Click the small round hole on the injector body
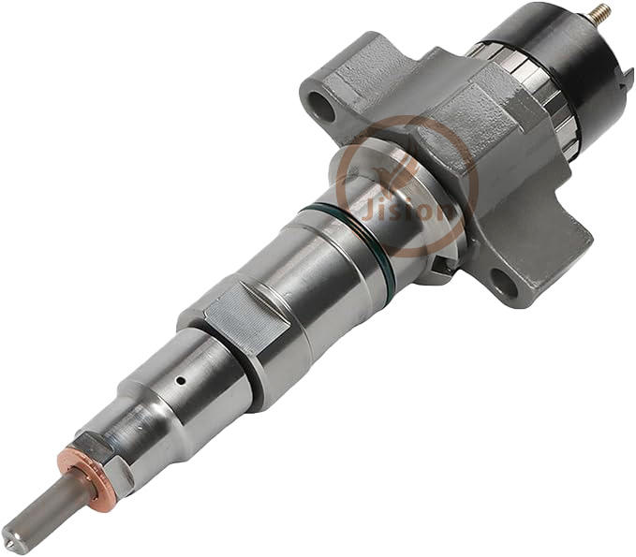181,381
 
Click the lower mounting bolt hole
503,283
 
